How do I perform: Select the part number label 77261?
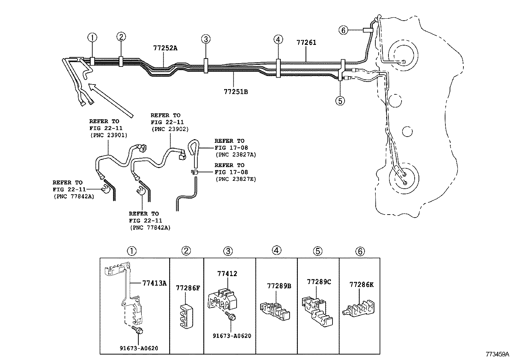(306, 43)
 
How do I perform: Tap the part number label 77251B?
(236, 92)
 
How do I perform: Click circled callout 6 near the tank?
(343, 30)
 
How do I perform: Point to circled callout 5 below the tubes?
(340, 101)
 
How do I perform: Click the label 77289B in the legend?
(279, 286)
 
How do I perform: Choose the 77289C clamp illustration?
(316, 310)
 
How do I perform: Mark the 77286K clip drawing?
(359, 309)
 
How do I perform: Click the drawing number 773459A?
(497, 354)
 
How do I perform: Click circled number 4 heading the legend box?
(276, 251)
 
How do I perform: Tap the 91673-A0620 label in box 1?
(139, 348)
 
